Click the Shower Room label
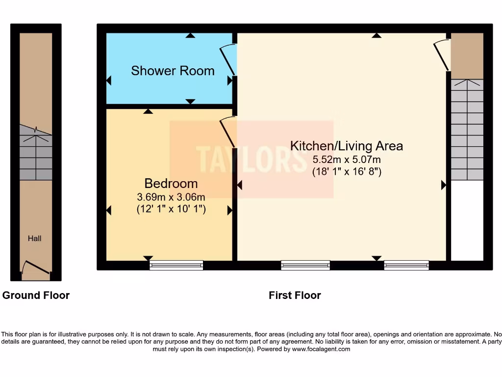(173, 71)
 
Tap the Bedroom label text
(171, 184)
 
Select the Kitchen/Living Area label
(347, 146)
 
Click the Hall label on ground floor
(34, 239)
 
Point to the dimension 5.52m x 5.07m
(347, 159)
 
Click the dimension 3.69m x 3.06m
(171, 197)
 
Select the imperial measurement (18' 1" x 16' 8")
(347, 172)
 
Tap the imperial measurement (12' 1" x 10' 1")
(171, 209)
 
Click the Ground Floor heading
(36, 295)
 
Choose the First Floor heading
(295, 295)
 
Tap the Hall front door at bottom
(36, 268)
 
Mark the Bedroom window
(176, 265)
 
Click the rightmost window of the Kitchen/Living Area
(406, 265)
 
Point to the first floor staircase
(467, 130)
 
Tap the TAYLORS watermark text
(251, 159)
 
